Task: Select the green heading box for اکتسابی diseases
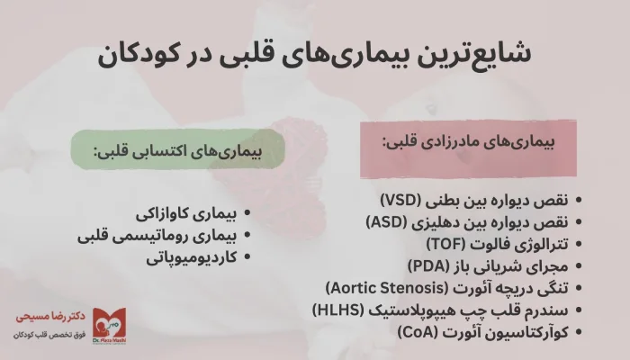[x=175, y=156]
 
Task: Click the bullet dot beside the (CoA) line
[x=578, y=332]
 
